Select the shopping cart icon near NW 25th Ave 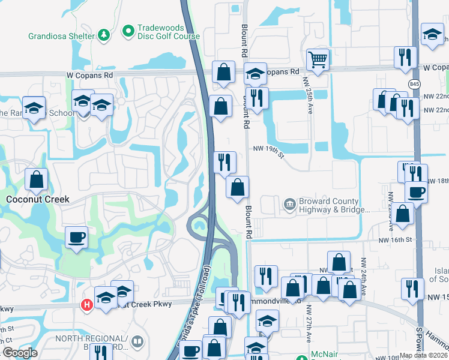coord(318,59)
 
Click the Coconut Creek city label coord(37,199)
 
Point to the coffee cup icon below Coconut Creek coord(76,238)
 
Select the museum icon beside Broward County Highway coord(290,206)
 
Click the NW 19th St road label coord(267,149)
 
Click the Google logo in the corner coord(19,353)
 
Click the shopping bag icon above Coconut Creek coord(36,179)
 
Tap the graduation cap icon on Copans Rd coord(255,73)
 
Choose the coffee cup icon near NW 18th coord(415,191)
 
